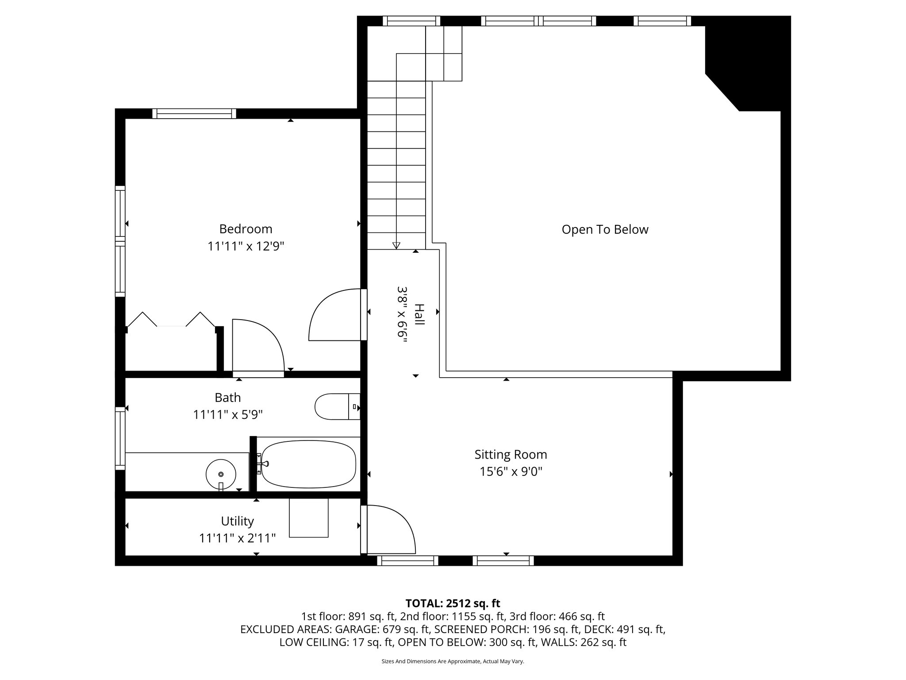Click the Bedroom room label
point(246,229)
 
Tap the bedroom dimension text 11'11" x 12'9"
point(246,246)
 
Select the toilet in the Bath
point(336,406)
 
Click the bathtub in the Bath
point(308,464)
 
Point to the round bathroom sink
point(221,473)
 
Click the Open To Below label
point(605,229)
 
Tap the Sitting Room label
point(511,455)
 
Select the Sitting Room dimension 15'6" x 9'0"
point(511,472)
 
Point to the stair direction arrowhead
point(396,245)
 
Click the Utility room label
point(238,521)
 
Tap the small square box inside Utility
point(309,518)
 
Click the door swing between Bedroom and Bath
point(257,345)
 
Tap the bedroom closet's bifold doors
point(171,320)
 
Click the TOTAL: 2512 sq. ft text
point(453,603)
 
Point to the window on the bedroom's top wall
point(194,114)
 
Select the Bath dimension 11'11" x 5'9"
point(228,415)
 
